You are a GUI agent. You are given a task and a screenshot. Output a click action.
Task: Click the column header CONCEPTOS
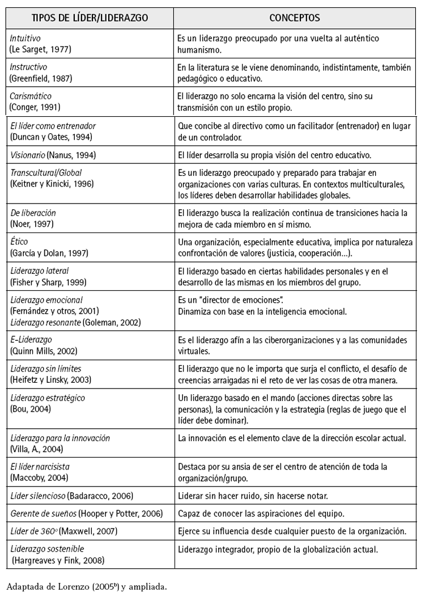[x=294, y=18]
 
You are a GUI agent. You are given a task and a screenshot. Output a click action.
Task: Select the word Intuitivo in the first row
[x=25, y=38]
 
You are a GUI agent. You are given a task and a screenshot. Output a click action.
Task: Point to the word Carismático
[x=31, y=96]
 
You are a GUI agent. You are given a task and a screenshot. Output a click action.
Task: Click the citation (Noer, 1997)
[x=33, y=224]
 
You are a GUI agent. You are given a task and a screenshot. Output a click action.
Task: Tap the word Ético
[x=19, y=241]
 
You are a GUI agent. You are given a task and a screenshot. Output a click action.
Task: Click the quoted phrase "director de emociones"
[x=243, y=299]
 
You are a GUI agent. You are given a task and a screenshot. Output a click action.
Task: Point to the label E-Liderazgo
[x=31, y=340]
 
